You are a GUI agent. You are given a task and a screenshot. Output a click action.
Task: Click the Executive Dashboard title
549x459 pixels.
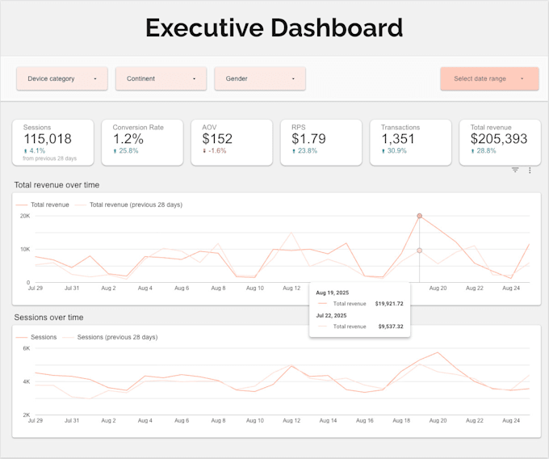[274, 28]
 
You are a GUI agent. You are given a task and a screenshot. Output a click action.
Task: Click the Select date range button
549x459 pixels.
[489, 79]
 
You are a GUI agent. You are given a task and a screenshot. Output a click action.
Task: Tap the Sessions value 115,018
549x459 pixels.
[48, 139]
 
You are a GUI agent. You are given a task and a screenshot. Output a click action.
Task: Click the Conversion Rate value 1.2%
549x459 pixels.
[129, 139]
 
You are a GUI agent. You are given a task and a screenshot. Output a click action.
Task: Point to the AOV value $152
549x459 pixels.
[217, 139]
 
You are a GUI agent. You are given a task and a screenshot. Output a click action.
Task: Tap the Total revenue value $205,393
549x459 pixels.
[499, 139]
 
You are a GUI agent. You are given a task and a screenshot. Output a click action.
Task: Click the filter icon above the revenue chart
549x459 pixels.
[515, 171]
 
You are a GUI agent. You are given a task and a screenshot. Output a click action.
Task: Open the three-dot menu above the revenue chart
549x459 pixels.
[530, 171]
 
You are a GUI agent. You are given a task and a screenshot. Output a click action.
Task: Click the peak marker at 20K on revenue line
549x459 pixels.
[419, 216]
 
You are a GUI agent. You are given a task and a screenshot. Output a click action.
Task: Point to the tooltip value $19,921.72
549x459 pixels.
[388, 303]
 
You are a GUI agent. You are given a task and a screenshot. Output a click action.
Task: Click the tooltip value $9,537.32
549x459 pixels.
[388, 326]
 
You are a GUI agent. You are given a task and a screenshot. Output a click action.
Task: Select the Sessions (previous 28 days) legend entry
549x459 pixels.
[117, 337]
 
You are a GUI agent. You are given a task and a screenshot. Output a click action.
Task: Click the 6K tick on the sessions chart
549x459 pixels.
[26, 348]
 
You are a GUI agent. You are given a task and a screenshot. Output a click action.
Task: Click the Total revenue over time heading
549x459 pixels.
[57, 185]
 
